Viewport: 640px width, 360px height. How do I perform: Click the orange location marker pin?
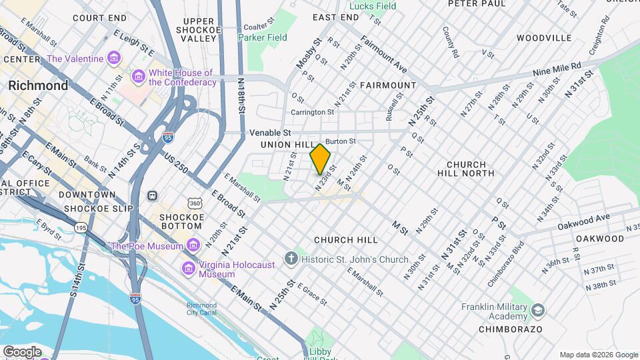(x=321, y=159)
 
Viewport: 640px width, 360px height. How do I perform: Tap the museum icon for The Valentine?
(x=114, y=59)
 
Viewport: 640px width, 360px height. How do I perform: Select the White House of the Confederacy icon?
(x=139, y=77)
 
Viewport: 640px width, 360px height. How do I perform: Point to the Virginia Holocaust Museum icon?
(x=188, y=269)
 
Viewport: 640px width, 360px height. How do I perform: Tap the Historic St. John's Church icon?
(x=291, y=259)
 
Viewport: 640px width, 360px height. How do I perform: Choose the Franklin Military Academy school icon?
(x=538, y=311)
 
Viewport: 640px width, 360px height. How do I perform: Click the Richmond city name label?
(x=38, y=85)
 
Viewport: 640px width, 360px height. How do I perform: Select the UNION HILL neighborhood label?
(x=287, y=145)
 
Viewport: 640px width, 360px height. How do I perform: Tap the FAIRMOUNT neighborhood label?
(x=388, y=85)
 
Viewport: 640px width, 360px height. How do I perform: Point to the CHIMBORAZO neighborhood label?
(x=510, y=329)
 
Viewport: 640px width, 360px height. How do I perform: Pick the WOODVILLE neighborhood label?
(x=544, y=38)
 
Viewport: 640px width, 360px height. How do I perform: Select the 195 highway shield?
(x=81, y=228)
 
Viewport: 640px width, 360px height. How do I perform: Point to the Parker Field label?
(x=263, y=37)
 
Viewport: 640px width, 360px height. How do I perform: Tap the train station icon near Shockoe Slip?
(x=153, y=196)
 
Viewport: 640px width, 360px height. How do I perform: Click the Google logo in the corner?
(x=22, y=351)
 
